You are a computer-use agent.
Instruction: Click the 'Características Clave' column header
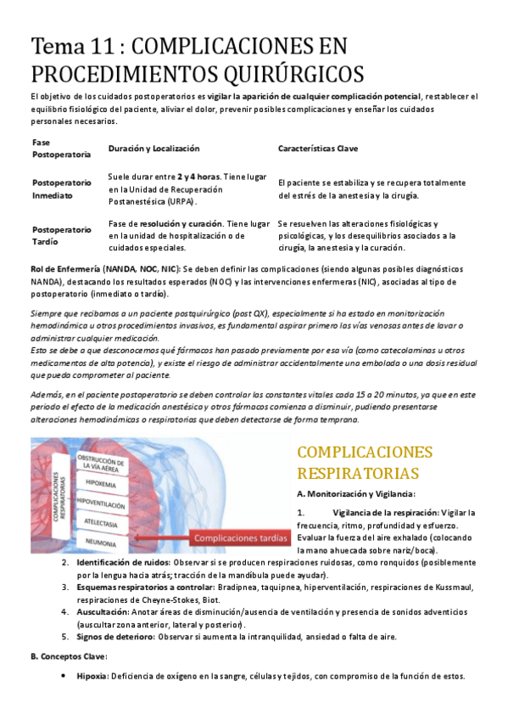(x=318, y=149)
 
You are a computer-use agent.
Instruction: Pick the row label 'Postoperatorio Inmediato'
(x=61, y=188)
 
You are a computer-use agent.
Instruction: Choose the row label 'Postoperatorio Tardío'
(x=61, y=235)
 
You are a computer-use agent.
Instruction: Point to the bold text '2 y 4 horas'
(x=198, y=177)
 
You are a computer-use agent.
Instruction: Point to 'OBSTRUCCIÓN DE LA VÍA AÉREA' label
(x=100, y=463)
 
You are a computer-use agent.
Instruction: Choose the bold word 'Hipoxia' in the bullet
(x=91, y=676)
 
